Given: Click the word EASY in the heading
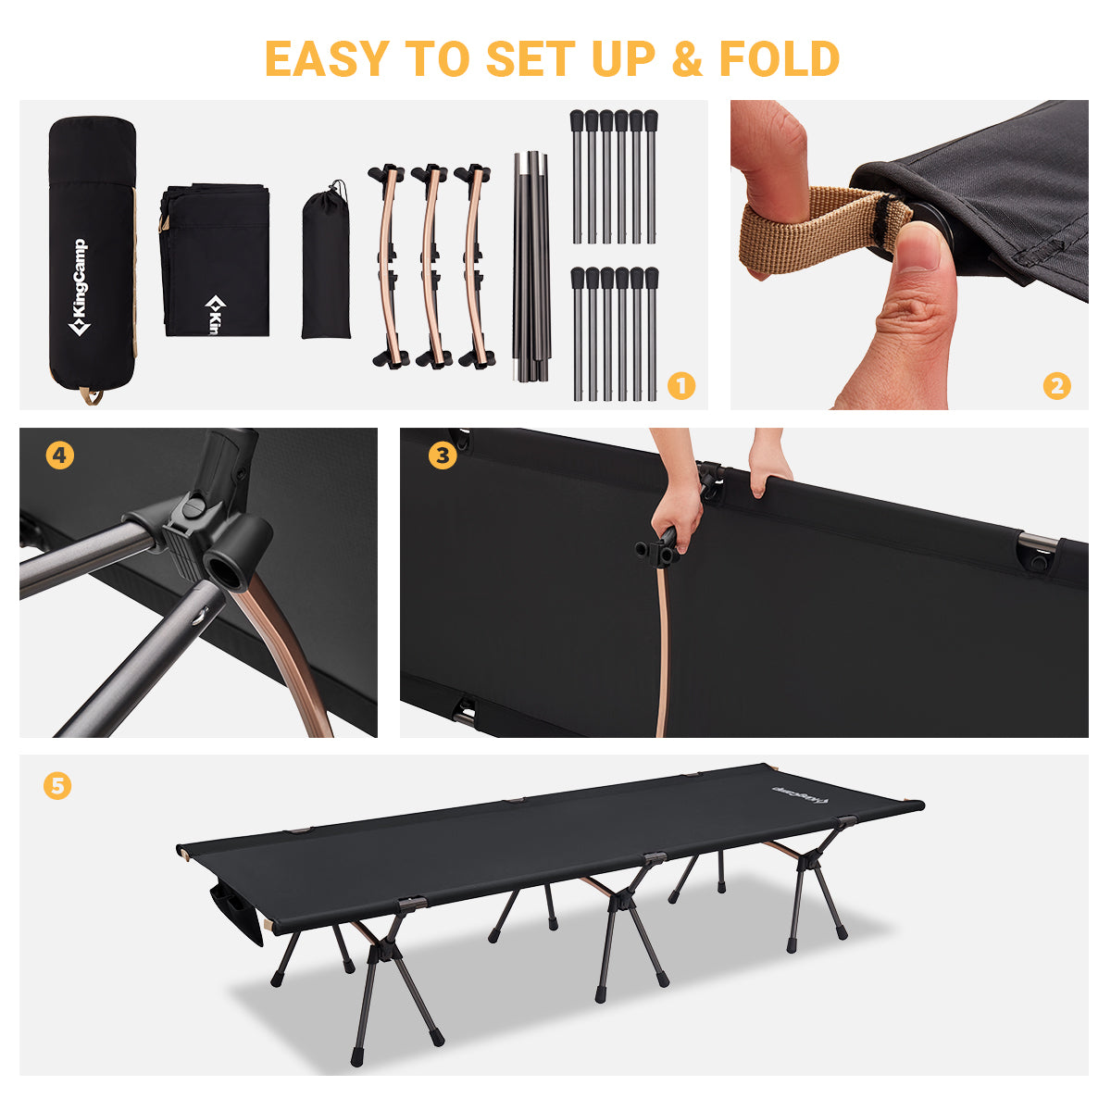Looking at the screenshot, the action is (326, 58).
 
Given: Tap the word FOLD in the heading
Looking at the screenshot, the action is (779, 58).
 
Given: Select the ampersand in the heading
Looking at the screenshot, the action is (688, 58).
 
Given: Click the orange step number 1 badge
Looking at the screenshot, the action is (680, 386).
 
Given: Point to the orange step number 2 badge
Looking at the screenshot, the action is (1056, 386).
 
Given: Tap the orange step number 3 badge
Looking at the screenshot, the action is (443, 456).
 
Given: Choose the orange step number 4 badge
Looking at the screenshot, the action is (60, 456).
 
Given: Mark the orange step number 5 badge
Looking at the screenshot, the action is (57, 785).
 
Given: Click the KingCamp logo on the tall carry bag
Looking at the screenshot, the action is (79, 286).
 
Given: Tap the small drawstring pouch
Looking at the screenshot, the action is (326, 260).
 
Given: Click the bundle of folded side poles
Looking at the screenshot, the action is (531, 267).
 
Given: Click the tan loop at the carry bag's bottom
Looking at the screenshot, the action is (91, 395).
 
